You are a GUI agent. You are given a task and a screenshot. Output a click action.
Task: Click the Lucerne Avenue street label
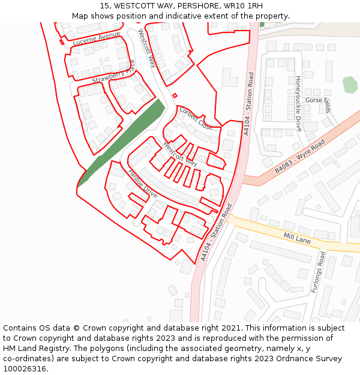click(97, 39)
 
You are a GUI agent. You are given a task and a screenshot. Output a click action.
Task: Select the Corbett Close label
click(196, 118)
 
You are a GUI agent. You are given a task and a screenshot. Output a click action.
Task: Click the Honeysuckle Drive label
click(298, 103)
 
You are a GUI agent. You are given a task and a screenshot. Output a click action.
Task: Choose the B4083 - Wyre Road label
click(299, 157)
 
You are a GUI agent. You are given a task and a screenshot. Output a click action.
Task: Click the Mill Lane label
click(297, 238)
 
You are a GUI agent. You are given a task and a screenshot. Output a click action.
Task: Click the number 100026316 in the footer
click(25, 369)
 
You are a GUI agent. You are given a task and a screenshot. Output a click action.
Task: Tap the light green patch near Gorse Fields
click(350, 85)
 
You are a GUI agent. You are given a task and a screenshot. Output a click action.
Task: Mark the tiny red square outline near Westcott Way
click(175, 95)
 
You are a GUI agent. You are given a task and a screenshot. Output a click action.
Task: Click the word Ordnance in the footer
click(283, 359)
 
